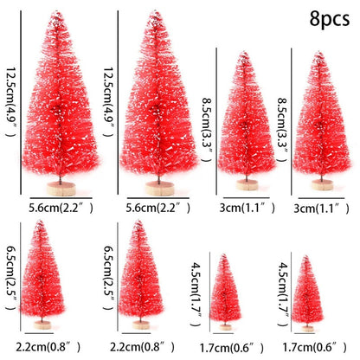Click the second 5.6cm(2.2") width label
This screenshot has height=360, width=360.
[x=153, y=207]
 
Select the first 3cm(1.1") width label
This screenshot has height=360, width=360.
[x=243, y=208]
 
